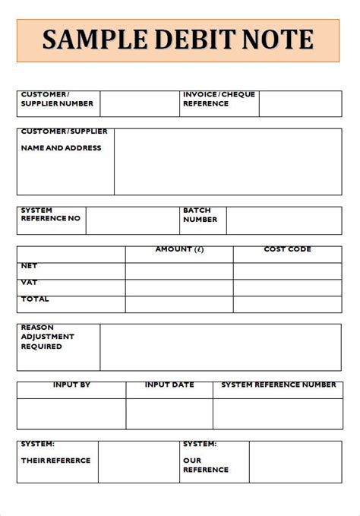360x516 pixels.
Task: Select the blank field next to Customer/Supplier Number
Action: click(139, 104)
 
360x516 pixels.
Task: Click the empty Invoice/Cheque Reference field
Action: click(299, 104)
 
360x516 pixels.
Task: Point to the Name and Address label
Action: click(61, 148)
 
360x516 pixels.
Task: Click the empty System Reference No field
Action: click(132, 220)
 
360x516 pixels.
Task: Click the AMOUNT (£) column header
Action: click(179, 250)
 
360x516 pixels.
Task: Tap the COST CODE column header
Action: click(287, 250)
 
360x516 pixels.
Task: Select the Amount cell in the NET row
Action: click(179, 271)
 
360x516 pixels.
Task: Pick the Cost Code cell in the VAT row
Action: click(287, 288)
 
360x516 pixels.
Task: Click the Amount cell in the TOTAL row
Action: click(179, 304)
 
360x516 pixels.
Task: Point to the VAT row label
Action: click(29, 283)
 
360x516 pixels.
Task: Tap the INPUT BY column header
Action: click(71, 385)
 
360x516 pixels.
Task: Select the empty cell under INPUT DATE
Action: click(169, 413)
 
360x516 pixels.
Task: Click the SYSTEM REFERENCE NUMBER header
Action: click(278, 385)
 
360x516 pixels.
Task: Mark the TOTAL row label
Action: click(34, 299)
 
